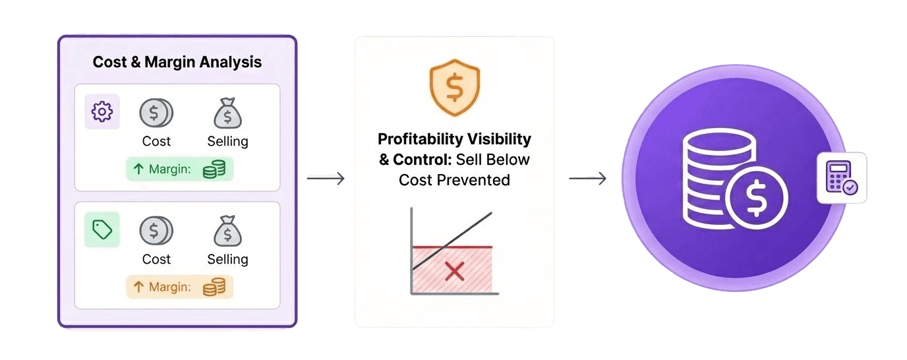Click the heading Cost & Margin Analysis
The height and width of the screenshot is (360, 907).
[x=177, y=62]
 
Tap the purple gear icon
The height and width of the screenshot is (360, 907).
[x=102, y=112]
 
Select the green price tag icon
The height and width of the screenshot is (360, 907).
[x=102, y=229]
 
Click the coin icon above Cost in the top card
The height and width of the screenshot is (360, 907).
[x=156, y=113]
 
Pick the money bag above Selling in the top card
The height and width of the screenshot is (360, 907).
[x=227, y=113]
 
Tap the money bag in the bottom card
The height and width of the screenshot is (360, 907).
[x=227, y=231]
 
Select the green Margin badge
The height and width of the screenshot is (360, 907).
[x=179, y=169]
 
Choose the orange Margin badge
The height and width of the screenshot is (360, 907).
[x=179, y=287]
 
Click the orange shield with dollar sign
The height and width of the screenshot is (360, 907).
[x=455, y=86]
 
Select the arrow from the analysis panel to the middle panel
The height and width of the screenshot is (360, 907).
[x=326, y=178]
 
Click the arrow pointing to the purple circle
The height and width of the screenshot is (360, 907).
[x=587, y=178]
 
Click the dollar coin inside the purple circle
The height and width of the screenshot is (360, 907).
[x=755, y=195]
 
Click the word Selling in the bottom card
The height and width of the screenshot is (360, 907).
[x=227, y=259]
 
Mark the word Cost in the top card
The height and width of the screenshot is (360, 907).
[x=156, y=141]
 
